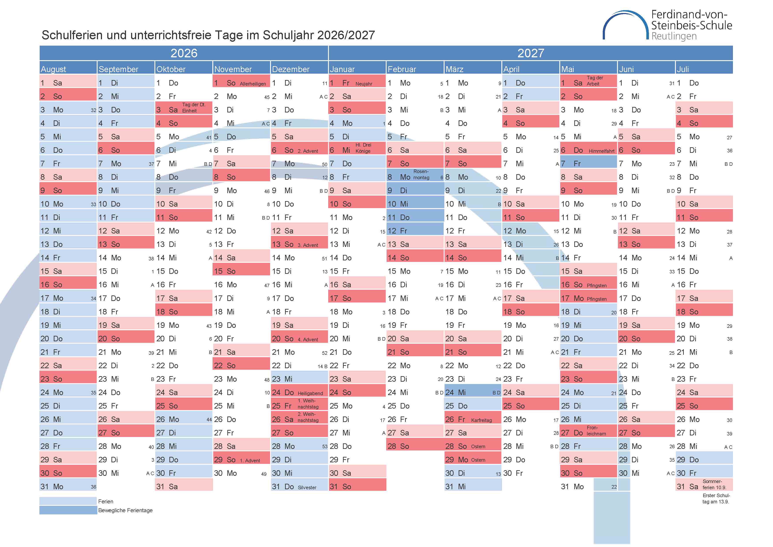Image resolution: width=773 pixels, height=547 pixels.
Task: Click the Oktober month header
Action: click(171, 69)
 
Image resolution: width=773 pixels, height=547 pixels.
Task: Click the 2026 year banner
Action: click(184, 53)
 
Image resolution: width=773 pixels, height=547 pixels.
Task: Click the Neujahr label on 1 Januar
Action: click(364, 84)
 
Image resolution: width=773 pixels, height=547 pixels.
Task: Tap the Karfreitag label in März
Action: click(481, 420)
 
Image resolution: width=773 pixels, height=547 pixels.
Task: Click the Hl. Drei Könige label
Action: click(363, 148)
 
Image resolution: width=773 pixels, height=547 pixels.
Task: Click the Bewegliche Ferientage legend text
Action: click(125, 510)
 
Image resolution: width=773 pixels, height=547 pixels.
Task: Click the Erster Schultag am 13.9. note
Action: click(716, 498)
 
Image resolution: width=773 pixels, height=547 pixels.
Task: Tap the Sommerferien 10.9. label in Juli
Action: click(714, 484)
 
